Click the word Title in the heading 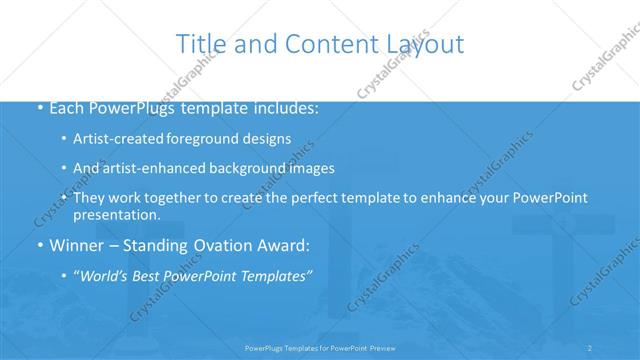coord(200,44)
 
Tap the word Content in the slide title coord(323,44)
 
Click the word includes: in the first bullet coord(286,107)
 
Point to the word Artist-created coord(119,138)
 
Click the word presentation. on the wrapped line coord(116,214)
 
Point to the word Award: coord(285,245)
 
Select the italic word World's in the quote coord(105,275)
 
